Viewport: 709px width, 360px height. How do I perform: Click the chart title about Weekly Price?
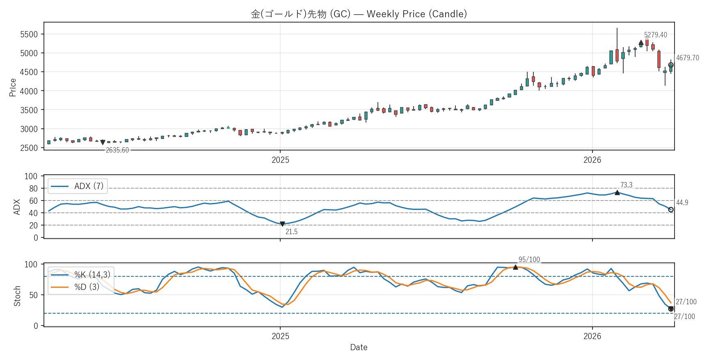(359, 14)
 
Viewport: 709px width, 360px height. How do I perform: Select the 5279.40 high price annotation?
(655, 35)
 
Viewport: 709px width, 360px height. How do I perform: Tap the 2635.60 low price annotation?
(117, 150)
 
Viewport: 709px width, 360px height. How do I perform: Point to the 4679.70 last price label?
(688, 58)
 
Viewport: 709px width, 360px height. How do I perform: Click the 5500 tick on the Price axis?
(29, 34)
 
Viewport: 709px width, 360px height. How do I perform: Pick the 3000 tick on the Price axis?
(29, 129)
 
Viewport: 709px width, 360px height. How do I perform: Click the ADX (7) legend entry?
(89, 186)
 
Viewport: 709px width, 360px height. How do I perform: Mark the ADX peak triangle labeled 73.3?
(617, 192)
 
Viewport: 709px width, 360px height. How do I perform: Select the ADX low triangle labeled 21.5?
(282, 224)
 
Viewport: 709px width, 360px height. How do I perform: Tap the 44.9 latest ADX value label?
(682, 203)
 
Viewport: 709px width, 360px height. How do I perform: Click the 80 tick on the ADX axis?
(33, 189)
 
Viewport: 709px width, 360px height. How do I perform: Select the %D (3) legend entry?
(87, 287)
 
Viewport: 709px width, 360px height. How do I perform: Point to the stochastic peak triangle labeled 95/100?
(515, 267)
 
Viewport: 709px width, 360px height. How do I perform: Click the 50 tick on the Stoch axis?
(33, 295)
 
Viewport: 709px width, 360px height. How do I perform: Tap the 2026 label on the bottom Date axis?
(592, 336)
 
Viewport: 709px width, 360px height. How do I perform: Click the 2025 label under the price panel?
(280, 160)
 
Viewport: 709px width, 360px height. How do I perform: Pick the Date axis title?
(359, 347)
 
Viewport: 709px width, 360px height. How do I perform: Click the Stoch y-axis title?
(17, 296)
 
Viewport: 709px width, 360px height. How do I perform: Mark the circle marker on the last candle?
(671, 65)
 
